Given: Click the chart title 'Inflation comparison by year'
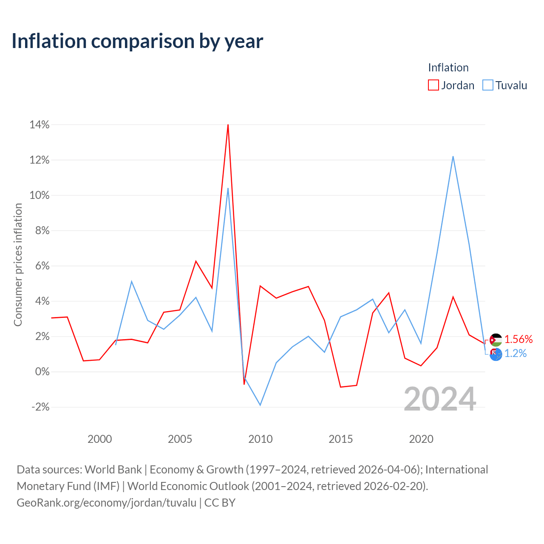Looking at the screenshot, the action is point(137,41).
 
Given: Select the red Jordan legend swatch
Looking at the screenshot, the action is point(433,85).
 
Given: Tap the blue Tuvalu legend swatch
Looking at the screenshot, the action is point(487,85).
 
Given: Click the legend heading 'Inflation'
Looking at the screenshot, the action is point(448,68).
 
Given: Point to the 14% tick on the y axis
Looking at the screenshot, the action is point(40,125).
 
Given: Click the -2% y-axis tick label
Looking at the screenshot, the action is point(40,407).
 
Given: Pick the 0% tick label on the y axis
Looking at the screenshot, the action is point(42,371).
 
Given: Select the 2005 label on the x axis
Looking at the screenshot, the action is point(180,439).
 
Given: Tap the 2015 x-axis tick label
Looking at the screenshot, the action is point(340,439).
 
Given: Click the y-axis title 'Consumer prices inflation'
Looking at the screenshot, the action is point(18,264).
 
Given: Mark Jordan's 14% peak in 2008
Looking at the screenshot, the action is point(228,125).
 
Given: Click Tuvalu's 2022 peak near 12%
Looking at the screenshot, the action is point(453,157).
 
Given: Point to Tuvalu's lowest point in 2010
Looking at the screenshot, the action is point(260,405).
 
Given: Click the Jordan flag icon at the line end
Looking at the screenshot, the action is point(496,340).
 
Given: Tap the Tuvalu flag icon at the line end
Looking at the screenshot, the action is point(496,354).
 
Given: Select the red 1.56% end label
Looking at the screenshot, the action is point(518,339).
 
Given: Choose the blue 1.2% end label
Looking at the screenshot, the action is point(515,353).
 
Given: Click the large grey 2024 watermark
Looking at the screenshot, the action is point(440,399).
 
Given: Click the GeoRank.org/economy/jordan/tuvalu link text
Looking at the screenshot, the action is point(106,502).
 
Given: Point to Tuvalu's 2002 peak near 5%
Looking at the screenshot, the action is point(132,281).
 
